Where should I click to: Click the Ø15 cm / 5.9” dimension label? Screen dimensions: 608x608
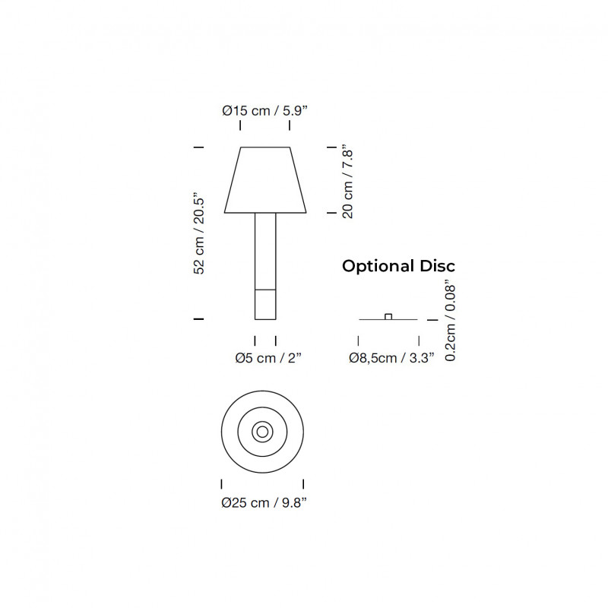(x=264, y=110)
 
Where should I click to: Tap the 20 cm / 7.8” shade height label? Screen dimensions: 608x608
(x=348, y=181)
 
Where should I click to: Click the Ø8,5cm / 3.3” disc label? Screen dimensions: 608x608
(x=391, y=358)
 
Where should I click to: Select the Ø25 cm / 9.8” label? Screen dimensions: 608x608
(x=264, y=502)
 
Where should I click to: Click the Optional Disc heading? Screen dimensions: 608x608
(x=398, y=266)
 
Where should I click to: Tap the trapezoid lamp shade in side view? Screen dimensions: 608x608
(x=265, y=179)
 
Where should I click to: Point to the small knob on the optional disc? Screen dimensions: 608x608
(x=388, y=316)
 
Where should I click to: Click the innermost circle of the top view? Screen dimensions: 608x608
(x=262, y=432)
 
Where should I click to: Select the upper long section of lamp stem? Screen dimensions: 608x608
(x=265, y=251)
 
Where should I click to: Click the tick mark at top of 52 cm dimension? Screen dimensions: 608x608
(x=199, y=146)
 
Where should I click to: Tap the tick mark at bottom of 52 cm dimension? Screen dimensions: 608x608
(x=199, y=320)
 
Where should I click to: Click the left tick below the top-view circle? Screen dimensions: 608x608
(x=221, y=483)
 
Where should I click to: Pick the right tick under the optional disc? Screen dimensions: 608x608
(x=419, y=341)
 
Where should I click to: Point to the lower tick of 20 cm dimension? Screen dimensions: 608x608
(x=331, y=214)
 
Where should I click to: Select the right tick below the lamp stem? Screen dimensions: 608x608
(x=275, y=340)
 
